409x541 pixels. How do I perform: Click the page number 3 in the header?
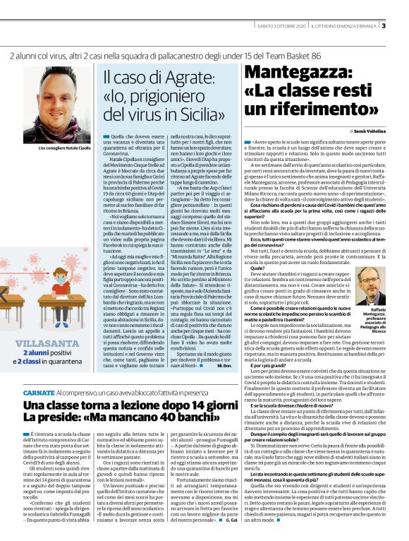[x=403, y=26]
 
